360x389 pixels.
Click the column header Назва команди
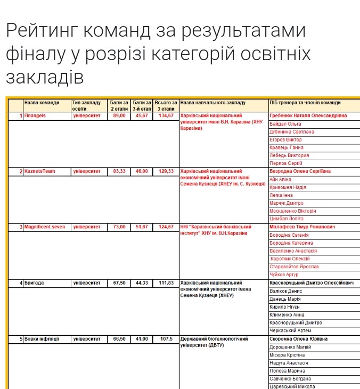click(42, 102)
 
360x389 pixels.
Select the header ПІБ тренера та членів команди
click(305, 102)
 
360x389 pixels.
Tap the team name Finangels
click(35, 115)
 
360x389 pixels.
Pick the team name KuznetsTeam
click(39, 171)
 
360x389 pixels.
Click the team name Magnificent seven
click(45, 227)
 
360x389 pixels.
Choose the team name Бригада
click(34, 283)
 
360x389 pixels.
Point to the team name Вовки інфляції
click(42, 338)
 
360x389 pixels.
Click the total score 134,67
click(166, 115)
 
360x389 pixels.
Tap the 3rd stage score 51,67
click(142, 227)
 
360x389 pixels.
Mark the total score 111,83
click(166, 283)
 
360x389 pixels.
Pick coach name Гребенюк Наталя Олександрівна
click(308, 115)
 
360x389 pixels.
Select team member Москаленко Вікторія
click(293, 211)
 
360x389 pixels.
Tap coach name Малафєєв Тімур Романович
click(302, 227)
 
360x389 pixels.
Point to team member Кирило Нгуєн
click(285, 307)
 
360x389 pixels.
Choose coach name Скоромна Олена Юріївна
click(299, 338)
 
